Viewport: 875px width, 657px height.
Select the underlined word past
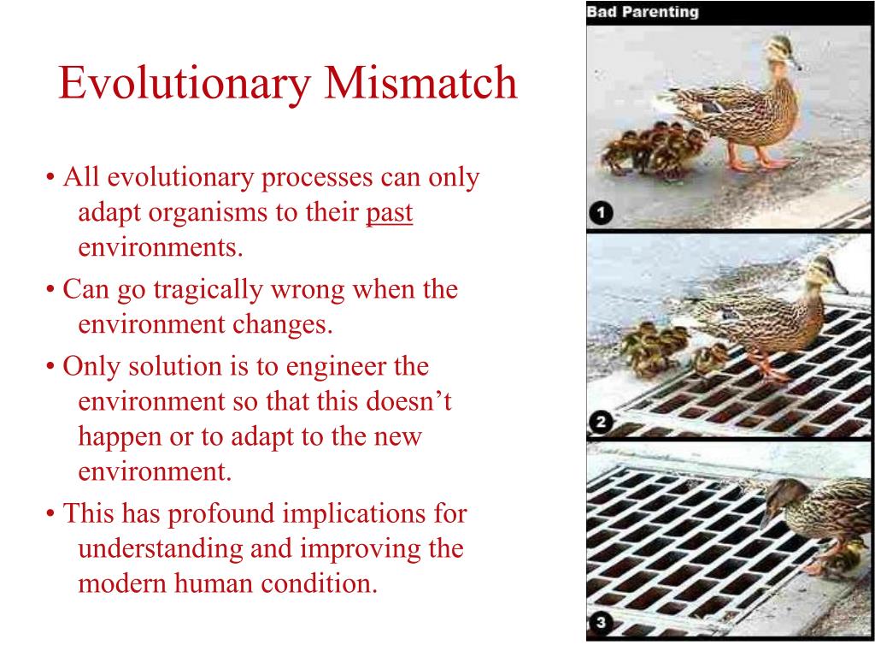point(389,213)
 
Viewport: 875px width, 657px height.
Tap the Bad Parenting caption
point(642,12)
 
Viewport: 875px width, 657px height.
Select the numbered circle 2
point(601,422)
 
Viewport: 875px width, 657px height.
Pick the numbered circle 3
point(601,624)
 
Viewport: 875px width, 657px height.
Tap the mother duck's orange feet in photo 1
point(752,160)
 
